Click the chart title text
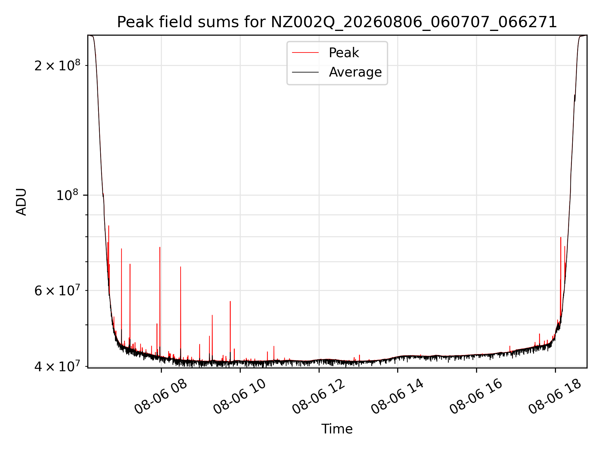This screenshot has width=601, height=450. pyautogui.click(x=337, y=22)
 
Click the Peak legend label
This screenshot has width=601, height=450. pyautogui.click(x=344, y=53)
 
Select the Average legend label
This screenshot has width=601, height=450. pyautogui.click(x=355, y=72)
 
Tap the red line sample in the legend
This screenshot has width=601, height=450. pyautogui.click(x=305, y=53)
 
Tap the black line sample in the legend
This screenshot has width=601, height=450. pyautogui.click(x=305, y=72)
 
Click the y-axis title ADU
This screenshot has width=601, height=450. pyautogui.click(x=21, y=202)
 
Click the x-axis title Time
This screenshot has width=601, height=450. pyautogui.click(x=337, y=429)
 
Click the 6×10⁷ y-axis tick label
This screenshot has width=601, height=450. pyautogui.click(x=57, y=290)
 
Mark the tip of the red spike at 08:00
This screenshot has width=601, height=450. pyautogui.click(x=160, y=247)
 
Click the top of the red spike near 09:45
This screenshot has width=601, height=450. pyautogui.click(x=230, y=301)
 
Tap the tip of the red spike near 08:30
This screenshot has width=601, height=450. pyautogui.click(x=180, y=267)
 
